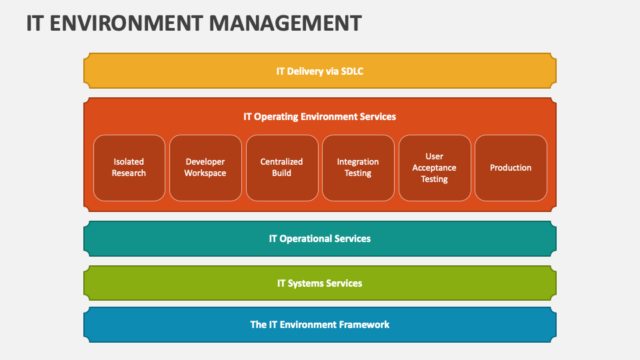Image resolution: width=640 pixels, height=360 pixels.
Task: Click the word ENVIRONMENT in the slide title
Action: point(126,23)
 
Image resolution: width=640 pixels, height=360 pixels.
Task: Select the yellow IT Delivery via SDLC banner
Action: point(320,71)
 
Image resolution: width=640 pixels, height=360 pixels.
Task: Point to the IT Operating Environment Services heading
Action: point(319,117)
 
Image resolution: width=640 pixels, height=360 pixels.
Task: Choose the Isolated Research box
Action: point(129,167)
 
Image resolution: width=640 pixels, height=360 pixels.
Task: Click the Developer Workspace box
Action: point(205,167)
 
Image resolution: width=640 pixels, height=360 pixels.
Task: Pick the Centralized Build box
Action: point(281,167)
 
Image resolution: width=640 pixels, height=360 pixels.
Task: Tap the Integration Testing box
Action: point(358,167)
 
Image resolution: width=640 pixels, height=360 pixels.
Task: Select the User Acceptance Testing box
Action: point(434,167)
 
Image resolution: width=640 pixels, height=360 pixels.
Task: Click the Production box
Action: point(511,167)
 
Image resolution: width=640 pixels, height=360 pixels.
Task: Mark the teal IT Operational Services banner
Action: point(320,239)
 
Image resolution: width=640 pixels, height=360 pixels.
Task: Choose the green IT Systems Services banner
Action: point(320,283)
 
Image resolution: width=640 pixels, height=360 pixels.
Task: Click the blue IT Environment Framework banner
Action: point(320,325)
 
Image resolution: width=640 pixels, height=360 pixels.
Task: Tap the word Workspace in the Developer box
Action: point(205,173)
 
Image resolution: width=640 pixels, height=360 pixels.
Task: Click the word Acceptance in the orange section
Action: point(434,168)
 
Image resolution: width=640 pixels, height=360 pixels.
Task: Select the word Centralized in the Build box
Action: point(281,162)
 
